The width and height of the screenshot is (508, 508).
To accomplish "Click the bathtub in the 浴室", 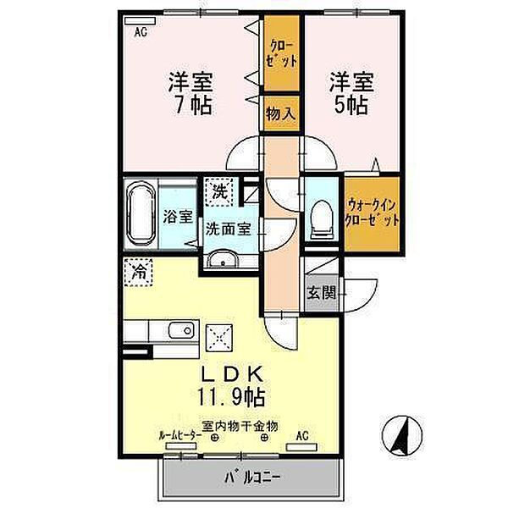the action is tap(141, 213).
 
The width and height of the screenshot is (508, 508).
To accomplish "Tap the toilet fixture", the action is tap(322, 220).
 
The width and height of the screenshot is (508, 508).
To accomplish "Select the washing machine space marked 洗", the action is tap(219, 192).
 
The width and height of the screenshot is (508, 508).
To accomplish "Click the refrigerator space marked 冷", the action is tap(138, 272).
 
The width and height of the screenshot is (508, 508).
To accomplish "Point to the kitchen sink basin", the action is tap(182, 330).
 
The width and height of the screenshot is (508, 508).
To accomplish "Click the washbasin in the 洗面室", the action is tap(223, 259).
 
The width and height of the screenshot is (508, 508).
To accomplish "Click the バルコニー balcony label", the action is tap(252, 478).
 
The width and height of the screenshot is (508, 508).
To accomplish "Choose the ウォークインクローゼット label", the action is tap(372, 213).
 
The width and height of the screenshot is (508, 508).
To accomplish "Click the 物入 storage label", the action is tap(280, 113).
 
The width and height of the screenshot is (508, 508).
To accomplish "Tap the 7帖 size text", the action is tap(193, 105).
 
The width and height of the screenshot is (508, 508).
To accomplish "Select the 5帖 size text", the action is tap(351, 105).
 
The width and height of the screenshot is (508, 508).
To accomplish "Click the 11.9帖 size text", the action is tap(231, 398).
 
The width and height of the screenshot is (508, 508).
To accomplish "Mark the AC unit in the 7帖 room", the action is tap(141, 20).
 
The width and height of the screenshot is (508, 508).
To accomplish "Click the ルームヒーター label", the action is tap(180, 436).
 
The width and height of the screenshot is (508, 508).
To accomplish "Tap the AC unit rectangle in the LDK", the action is tap(301, 447).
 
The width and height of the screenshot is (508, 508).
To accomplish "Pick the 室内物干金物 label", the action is tap(240, 426).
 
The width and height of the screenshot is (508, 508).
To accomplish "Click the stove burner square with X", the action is tap(219, 338).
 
